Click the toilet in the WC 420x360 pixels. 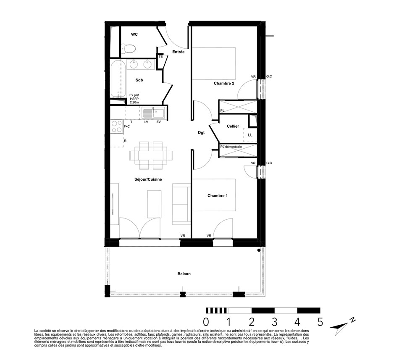click(128, 48)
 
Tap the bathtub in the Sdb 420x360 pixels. click(118, 79)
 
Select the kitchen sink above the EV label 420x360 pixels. click(153, 113)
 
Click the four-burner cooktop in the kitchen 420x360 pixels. click(117, 126)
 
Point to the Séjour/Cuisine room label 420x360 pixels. click(148, 179)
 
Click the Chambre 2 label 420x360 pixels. click(224, 83)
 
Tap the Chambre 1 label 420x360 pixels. click(218, 195)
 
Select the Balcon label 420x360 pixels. click(184, 274)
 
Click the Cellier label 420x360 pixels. click(233, 126)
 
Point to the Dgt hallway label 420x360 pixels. click(201, 133)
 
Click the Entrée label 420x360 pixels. click(178, 52)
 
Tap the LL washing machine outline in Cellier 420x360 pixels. click(250, 135)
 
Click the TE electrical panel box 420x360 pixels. click(160, 57)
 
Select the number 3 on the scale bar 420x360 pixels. click(275, 322)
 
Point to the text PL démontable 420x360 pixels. click(231, 147)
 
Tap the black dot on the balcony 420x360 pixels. click(259, 250)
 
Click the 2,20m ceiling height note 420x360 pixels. click(134, 102)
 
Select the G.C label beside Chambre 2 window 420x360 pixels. click(269, 76)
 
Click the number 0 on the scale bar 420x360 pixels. click(206, 322)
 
